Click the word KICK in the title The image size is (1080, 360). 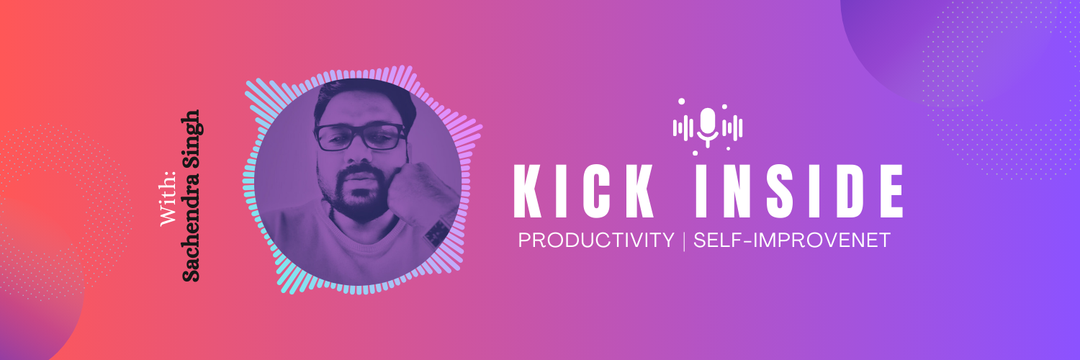[583, 192]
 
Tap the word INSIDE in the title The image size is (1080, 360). [799, 192]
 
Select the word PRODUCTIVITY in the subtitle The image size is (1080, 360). [596, 240]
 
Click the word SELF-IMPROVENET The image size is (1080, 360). [792, 240]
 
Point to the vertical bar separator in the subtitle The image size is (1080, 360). [684, 240]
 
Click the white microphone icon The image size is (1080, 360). [708, 127]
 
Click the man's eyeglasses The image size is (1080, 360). [360, 137]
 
